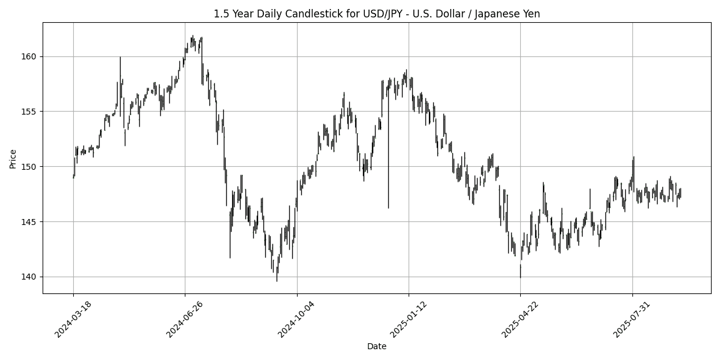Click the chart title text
377,14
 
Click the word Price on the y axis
13,158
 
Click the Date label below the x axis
377,346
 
